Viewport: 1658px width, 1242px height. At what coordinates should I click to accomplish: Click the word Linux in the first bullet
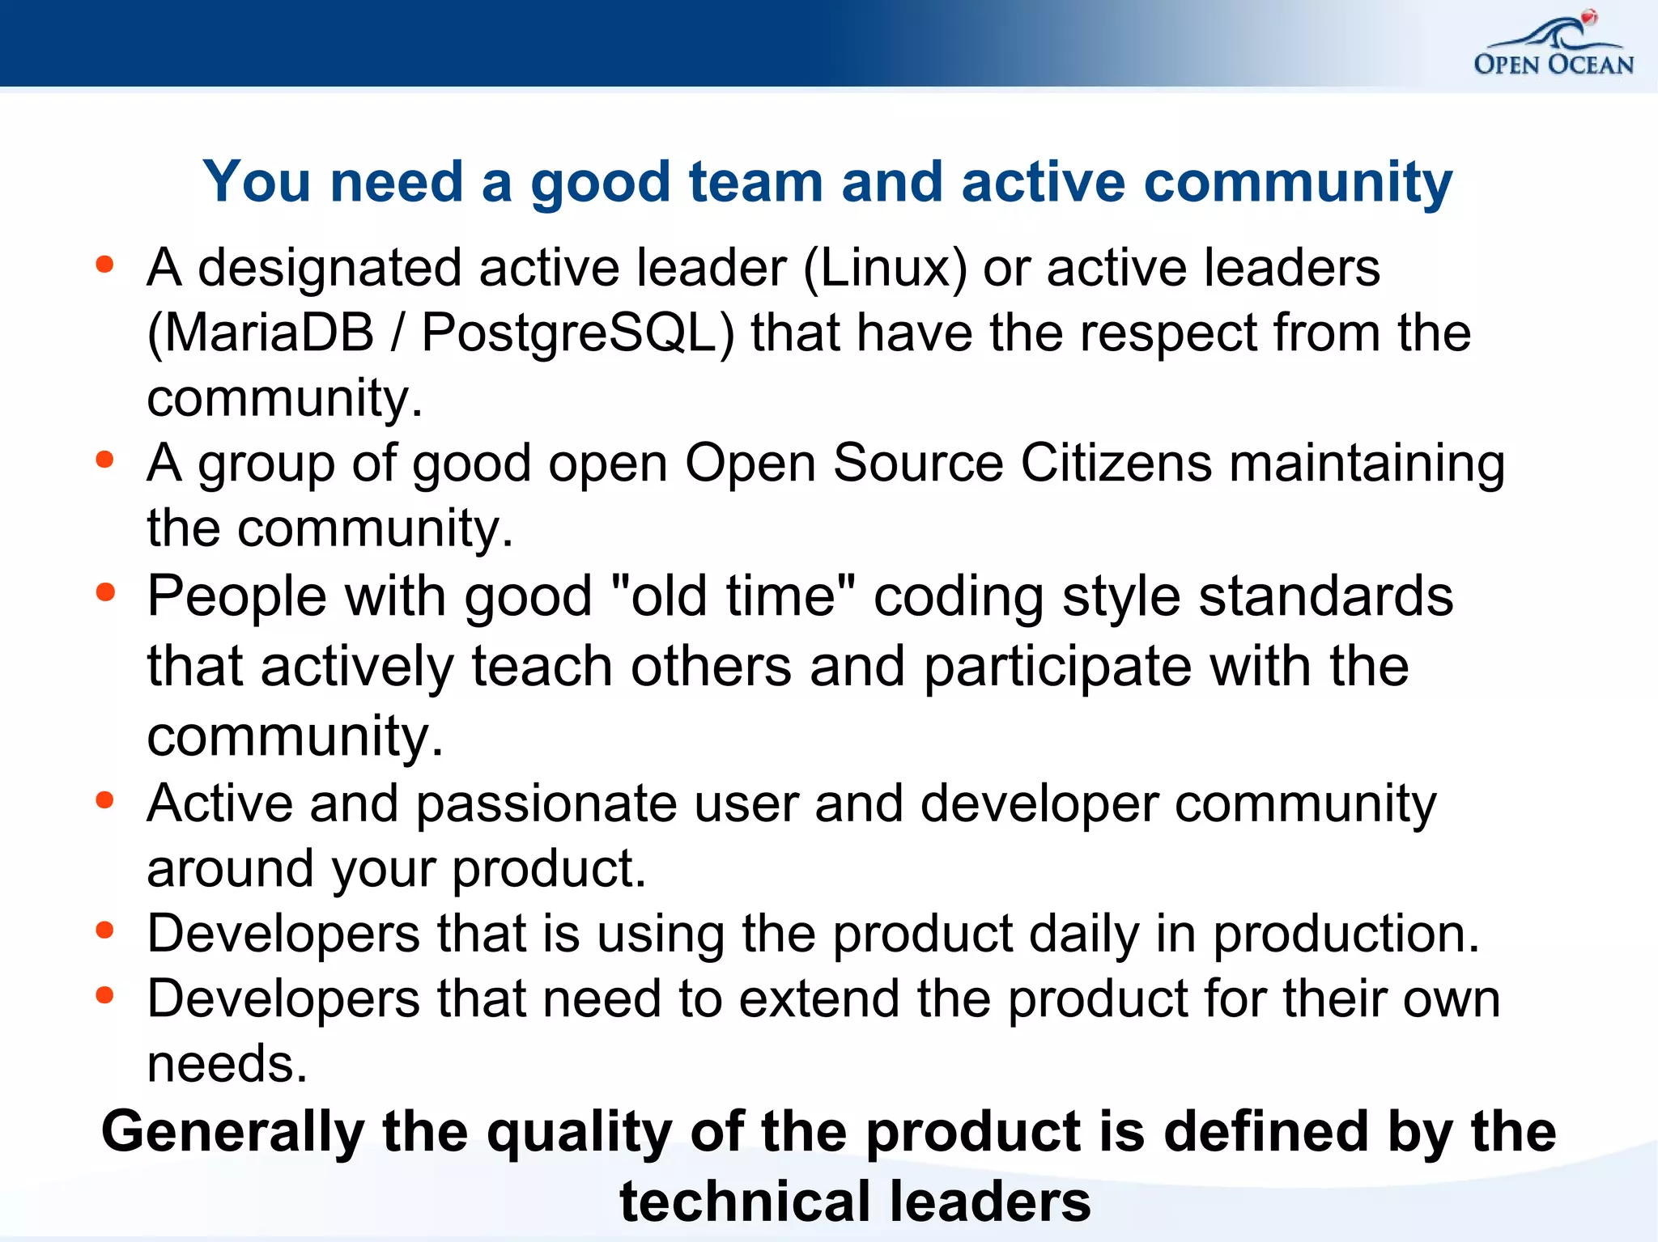(x=886, y=268)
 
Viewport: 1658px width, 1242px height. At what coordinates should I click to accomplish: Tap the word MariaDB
(x=261, y=333)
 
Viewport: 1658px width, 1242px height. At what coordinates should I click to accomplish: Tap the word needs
(x=227, y=1063)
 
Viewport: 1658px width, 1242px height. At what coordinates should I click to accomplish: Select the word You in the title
(x=257, y=181)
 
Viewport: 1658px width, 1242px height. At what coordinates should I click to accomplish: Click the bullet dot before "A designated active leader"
(x=104, y=265)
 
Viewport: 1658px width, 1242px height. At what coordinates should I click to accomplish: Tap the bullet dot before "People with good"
(x=104, y=592)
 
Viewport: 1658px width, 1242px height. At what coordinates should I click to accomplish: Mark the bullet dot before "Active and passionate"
(x=104, y=800)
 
